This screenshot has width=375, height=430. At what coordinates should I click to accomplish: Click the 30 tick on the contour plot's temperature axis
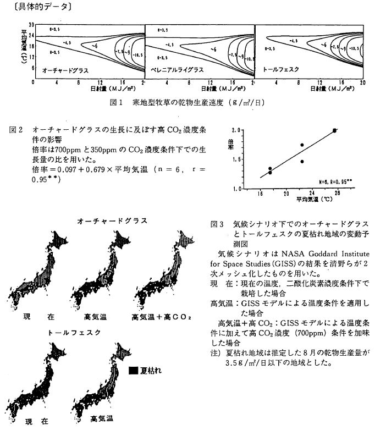(32, 25)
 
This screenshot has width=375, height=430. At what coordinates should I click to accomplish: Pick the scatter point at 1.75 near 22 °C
(302, 145)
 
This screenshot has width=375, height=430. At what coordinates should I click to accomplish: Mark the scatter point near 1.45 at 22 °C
(302, 162)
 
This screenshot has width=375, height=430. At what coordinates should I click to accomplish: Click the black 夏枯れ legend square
(134, 370)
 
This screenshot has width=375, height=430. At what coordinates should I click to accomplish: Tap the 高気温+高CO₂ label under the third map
(161, 317)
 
